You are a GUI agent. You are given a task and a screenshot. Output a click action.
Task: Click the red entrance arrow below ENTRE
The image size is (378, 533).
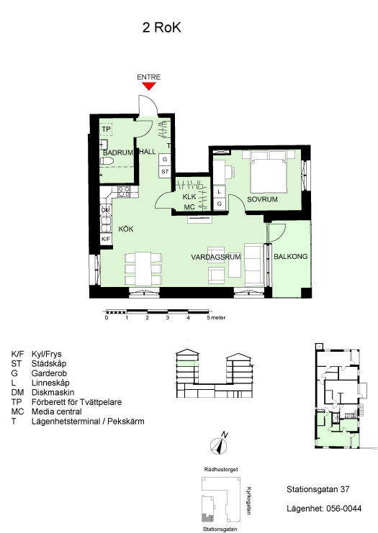pos(149,86)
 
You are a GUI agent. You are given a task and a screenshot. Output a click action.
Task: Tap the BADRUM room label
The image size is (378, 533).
pos(118,152)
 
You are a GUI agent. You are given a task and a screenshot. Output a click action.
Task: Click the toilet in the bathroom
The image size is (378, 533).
pos(107,161)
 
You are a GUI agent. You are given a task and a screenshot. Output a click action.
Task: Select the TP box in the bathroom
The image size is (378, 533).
pos(106,129)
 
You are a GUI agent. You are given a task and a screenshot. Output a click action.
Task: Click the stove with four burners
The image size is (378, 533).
pos(124,191)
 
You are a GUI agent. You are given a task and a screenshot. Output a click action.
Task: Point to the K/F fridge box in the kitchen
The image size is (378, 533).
pos(106,239)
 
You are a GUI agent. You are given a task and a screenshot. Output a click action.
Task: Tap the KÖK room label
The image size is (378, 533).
pos(126,229)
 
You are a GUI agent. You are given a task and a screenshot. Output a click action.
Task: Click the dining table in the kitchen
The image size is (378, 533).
pos(143,268)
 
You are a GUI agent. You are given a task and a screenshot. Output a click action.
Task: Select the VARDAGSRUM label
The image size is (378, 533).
pos(216,257)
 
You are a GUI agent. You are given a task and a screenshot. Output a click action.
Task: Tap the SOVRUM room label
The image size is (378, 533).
pos(262,199)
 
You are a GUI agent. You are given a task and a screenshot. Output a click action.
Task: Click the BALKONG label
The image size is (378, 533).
pos(291,256)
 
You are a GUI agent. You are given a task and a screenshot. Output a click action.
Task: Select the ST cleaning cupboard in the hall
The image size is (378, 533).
pos(165,171)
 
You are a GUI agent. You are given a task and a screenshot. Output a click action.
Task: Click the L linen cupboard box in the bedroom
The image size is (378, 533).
pos(219,191)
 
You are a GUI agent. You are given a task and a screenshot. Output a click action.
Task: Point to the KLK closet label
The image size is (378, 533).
pos(189,197)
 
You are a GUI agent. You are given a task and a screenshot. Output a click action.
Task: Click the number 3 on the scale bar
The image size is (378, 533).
pos(167,318)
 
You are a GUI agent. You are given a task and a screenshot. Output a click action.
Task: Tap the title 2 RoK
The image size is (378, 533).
pos(161,27)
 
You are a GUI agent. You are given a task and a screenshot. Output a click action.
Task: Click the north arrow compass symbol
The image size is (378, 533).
pos(219,445)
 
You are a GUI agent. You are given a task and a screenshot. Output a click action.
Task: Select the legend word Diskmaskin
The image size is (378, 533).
pos(53,392)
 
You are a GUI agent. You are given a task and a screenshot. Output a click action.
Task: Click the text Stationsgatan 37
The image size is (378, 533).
pos(318,489)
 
